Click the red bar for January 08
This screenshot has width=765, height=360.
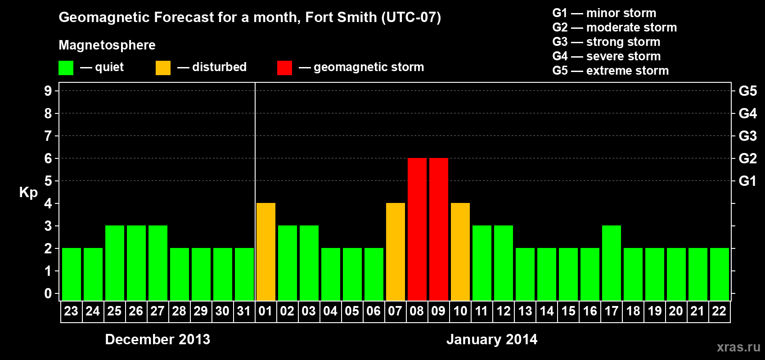click(417, 229)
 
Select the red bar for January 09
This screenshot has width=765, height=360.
click(438, 229)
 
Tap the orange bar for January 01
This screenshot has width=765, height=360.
click(265, 252)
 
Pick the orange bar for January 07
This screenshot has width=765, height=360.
click(395, 252)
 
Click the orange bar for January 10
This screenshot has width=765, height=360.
click(460, 252)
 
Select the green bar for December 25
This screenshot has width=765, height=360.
click(114, 263)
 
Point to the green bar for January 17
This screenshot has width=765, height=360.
click(611, 263)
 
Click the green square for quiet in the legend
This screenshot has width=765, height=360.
click(66, 68)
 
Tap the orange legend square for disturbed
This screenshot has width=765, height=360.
click(163, 68)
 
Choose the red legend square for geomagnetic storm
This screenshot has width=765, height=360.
click(284, 68)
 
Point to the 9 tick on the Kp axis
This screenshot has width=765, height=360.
click(48, 91)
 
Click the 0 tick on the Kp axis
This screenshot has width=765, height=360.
click(48, 294)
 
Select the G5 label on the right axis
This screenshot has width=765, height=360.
click(747, 91)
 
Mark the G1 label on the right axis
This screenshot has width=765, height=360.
click(747, 181)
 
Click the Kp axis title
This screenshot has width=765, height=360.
click(28, 193)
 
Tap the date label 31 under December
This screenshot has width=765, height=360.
click(244, 311)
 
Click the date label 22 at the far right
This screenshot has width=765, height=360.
click(719, 311)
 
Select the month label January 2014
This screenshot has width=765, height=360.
click(492, 339)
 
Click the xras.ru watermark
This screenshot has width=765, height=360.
click(738, 347)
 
